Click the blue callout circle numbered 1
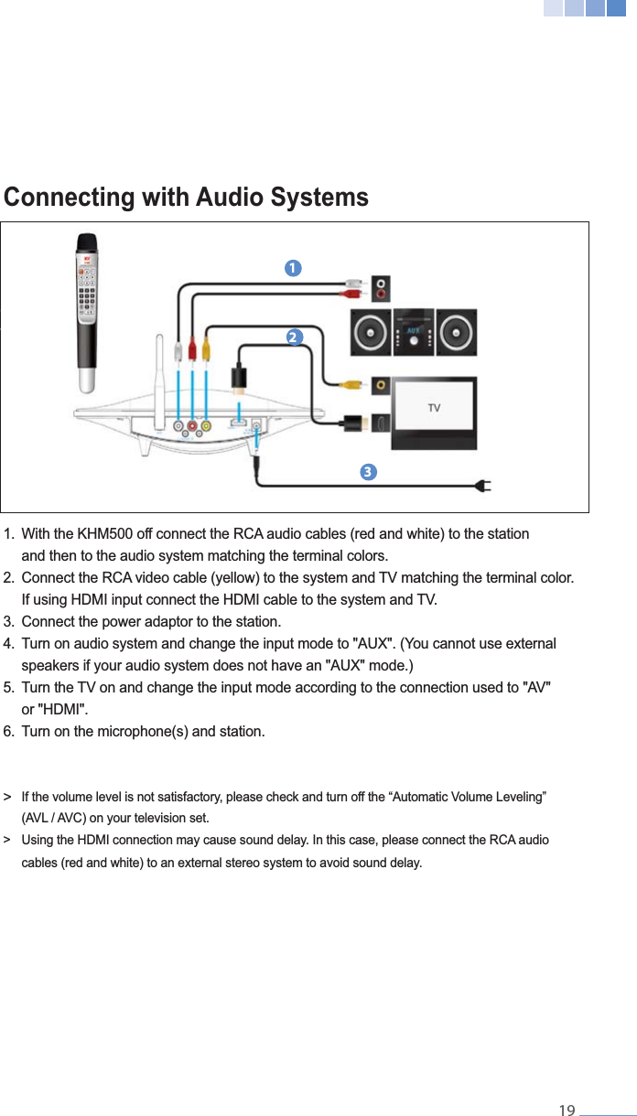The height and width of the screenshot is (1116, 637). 292,268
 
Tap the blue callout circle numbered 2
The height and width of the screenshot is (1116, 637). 294,337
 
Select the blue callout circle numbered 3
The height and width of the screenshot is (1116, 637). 367,472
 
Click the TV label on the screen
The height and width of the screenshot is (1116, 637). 434,408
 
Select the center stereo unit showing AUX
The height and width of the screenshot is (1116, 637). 413,332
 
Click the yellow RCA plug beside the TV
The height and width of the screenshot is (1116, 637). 351,385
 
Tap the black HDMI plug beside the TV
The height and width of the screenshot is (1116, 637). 356,424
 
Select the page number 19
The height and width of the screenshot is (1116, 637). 567,1111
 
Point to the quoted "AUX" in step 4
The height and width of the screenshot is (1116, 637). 374,644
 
